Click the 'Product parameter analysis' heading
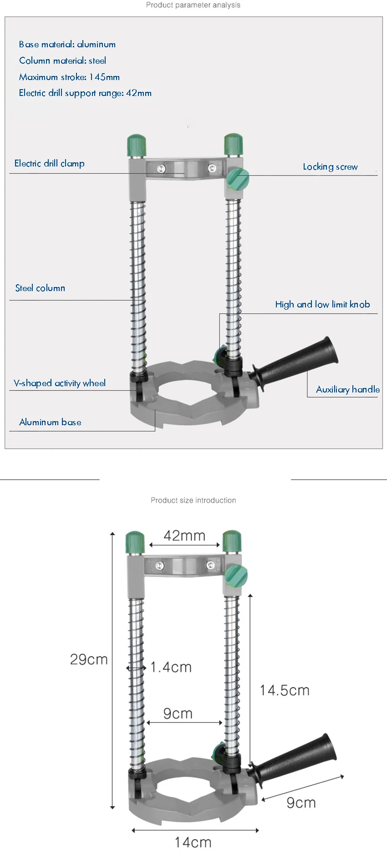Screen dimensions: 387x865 coord(193,5)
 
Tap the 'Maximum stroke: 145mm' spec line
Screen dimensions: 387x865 coord(69,77)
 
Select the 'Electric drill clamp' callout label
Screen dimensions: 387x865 coord(49,163)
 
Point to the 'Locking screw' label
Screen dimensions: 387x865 coord(331,167)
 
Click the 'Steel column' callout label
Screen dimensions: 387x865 coord(40,288)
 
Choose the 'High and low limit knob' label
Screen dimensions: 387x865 coord(322,304)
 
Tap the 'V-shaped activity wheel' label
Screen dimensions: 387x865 coord(60,383)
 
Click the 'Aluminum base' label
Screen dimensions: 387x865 coord(50,422)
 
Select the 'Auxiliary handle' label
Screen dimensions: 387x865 coord(348,389)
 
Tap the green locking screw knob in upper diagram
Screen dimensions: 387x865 coord(238,179)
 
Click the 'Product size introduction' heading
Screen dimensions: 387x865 coord(193,500)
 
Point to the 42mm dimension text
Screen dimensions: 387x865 coord(184,536)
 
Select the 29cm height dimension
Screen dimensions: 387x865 coord(89,659)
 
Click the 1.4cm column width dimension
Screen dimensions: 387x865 coord(171,667)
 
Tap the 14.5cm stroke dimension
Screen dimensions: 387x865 coord(285,690)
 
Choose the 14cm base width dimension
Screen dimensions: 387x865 coord(193,842)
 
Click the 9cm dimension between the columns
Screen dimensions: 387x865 coord(178,714)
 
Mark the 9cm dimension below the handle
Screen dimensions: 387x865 coord(301,803)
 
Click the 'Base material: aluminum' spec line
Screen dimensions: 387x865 coord(67,44)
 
